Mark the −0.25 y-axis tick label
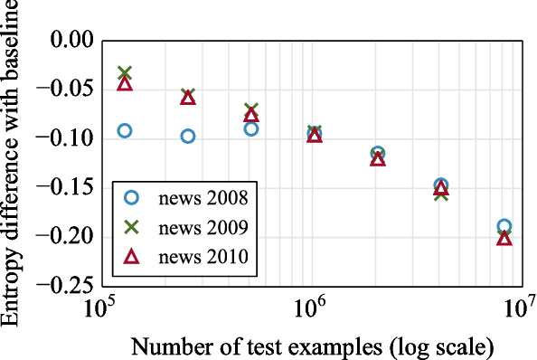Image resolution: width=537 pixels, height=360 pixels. coord(66,285)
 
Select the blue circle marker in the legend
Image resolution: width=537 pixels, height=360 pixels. coord(131,197)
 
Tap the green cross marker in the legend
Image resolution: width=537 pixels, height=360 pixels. coord(131,227)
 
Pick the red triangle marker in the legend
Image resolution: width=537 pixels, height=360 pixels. coord(131,257)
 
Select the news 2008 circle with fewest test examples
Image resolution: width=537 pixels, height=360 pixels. coord(125,130)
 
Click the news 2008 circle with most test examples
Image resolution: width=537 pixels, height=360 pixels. coord(504,226)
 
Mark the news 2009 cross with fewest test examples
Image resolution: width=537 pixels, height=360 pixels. coord(125,72)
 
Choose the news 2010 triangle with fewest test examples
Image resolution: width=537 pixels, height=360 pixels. coord(125,84)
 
